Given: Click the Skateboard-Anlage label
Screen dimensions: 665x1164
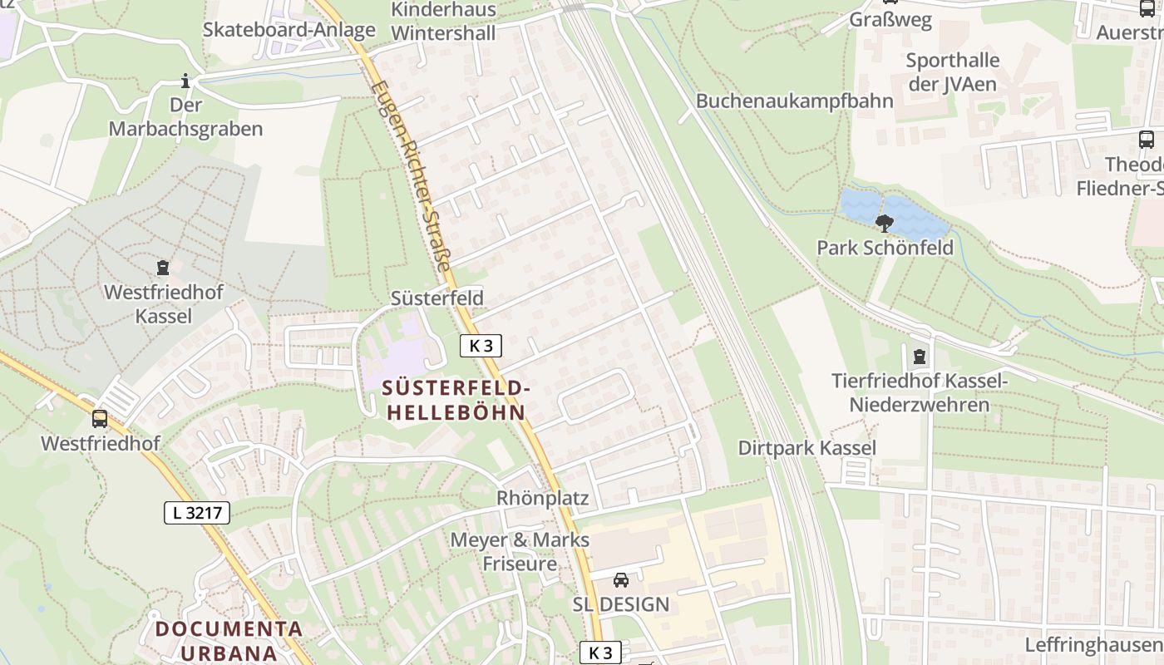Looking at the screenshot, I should (289, 30).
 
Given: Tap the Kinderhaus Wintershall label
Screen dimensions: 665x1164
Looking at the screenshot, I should (443, 22).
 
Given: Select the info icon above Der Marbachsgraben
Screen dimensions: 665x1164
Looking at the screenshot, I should (185, 81).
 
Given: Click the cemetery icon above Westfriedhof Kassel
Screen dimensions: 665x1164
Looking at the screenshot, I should (163, 268).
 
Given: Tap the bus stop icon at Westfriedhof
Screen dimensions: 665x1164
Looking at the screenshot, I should (100, 419).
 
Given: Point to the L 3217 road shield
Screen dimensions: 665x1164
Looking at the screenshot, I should (196, 513).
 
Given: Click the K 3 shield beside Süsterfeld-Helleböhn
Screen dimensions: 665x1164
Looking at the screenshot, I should (481, 346).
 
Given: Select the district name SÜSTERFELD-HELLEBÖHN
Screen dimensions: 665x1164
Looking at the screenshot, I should (455, 400).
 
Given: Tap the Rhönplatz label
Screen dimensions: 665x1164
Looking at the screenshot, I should (542, 499).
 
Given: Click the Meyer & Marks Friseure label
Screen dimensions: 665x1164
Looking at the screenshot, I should (520, 552).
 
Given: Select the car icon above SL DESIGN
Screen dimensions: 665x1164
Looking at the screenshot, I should (621, 579).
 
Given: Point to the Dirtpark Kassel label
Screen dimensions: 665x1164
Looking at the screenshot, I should (806, 448).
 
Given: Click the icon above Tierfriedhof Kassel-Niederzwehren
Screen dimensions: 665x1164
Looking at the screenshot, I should (919, 357).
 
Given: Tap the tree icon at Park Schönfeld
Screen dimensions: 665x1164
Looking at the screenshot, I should (884, 223).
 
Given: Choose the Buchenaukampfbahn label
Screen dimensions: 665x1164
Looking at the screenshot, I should (794, 101).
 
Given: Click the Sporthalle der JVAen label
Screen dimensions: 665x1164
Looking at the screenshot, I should (952, 71).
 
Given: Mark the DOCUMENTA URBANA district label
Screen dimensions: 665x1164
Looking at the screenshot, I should (229, 640).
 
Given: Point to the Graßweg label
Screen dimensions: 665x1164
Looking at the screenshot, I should (890, 20).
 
